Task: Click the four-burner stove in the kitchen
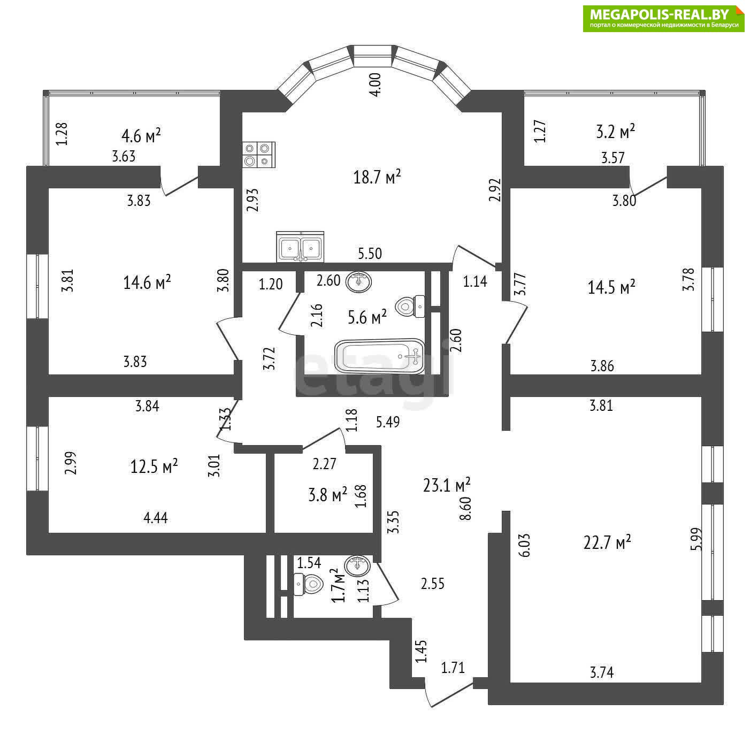(259, 155)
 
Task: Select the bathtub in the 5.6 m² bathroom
(380, 356)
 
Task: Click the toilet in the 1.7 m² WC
(309, 584)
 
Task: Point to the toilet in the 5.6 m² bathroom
(410, 307)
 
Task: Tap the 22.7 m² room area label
(607, 542)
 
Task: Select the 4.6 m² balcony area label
(141, 135)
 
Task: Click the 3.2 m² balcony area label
(615, 132)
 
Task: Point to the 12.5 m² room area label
(154, 466)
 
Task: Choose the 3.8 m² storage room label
(328, 495)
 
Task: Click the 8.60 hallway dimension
(466, 508)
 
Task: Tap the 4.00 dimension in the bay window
(377, 85)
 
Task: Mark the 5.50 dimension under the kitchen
(370, 254)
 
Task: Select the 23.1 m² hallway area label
(447, 485)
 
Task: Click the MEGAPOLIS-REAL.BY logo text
(659, 15)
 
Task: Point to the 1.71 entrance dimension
(453, 668)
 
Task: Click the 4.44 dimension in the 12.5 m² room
(156, 518)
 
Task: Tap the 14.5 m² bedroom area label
(611, 287)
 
